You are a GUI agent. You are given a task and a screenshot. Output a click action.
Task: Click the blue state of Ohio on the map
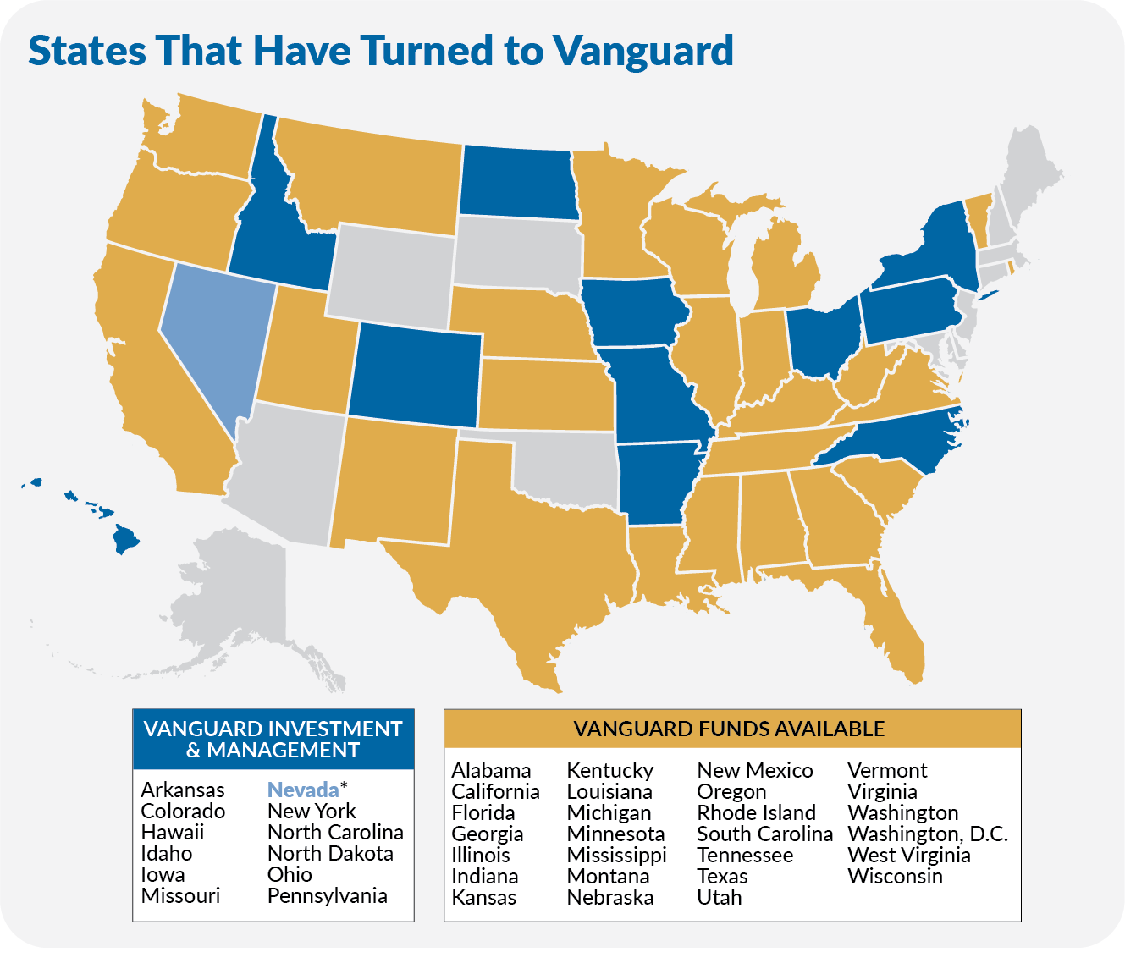coord(821,338)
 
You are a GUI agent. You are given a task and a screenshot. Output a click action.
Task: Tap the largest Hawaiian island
coord(126,538)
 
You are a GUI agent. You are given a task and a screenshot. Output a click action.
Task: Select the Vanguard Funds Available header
coord(731,729)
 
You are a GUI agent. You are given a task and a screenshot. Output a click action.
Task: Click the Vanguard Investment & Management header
coord(273,739)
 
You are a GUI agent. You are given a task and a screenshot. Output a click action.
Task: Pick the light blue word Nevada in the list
coord(302,790)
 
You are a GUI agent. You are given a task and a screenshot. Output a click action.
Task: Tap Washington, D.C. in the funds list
coord(927,834)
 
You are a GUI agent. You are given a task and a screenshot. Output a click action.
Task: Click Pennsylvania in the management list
coord(327,895)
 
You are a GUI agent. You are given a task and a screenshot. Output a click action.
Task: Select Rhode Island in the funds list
coord(755,812)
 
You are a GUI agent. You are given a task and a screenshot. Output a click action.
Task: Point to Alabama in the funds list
coord(491,770)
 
